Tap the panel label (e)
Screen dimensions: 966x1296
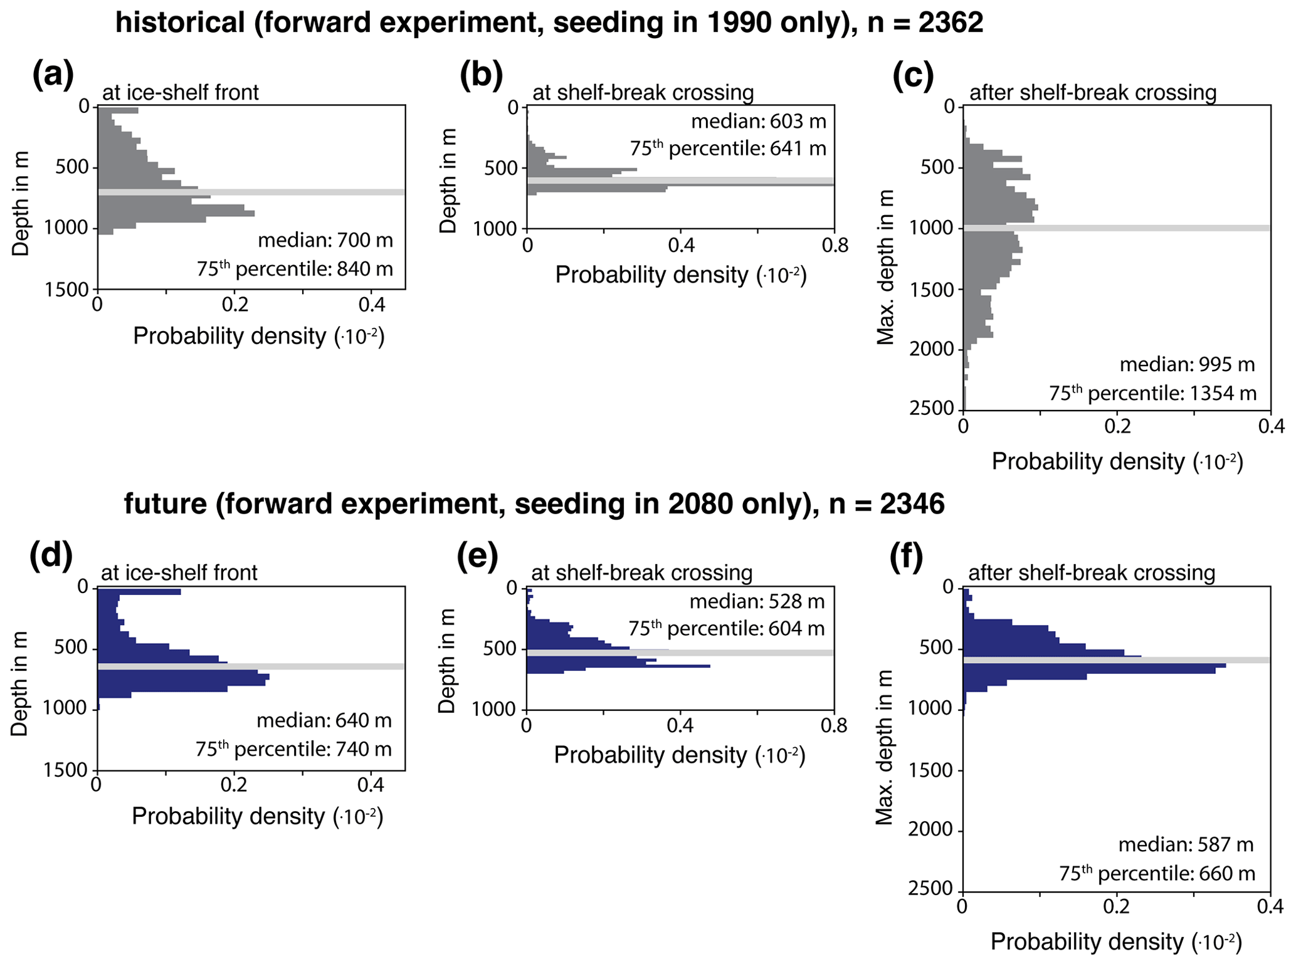(x=478, y=556)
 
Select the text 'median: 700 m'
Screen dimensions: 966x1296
(x=325, y=240)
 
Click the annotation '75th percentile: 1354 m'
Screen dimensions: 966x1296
(x=1153, y=393)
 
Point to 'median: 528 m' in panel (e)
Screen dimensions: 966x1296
(x=757, y=602)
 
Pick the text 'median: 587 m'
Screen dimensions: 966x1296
(x=1186, y=845)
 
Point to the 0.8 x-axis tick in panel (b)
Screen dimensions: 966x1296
(x=834, y=245)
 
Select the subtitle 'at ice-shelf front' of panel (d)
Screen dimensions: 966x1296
(x=179, y=572)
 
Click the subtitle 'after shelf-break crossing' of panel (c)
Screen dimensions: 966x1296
(x=1093, y=93)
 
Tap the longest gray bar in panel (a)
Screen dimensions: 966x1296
(x=176, y=214)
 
